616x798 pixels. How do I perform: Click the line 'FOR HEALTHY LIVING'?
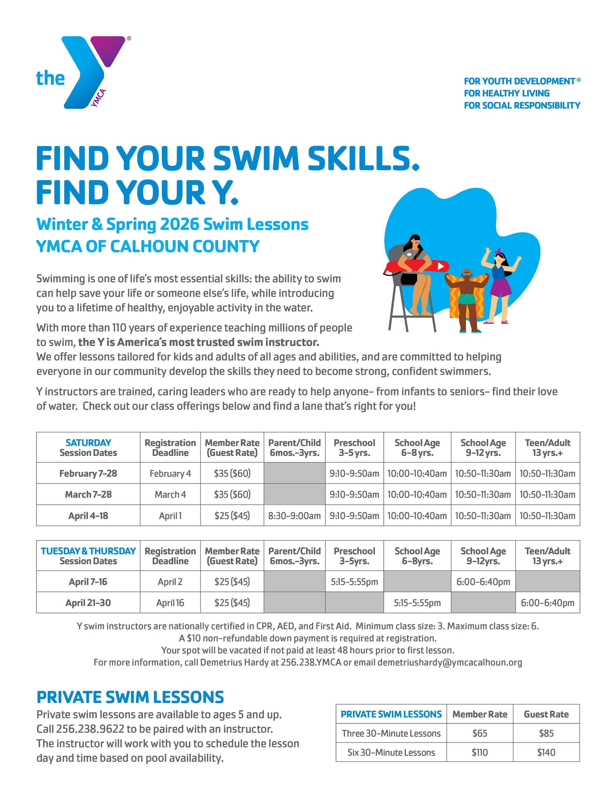click(x=507, y=94)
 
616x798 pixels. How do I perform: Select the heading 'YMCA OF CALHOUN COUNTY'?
click(x=148, y=247)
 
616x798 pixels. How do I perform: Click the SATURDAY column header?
click(x=88, y=443)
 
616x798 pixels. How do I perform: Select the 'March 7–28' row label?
click(x=88, y=495)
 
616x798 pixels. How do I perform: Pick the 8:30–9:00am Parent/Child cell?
click(x=294, y=516)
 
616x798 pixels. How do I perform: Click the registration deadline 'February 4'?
click(x=170, y=474)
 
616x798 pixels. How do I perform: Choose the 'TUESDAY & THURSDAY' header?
click(x=88, y=551)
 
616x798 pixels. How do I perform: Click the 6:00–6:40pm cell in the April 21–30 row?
click(x=547, y=603)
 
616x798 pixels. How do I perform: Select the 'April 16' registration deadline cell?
click(x=170, y=603)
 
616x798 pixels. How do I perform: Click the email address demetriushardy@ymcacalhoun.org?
click(x=450, y=662)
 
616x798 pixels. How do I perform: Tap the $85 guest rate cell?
click(x=546, y=733)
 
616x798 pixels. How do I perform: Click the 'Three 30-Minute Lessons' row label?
click(x=391, y=733)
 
